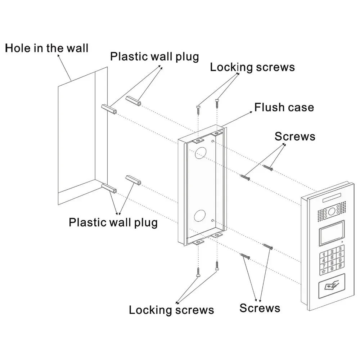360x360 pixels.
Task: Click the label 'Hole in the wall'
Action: click(x=46, y=48)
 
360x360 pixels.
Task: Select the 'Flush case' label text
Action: click(x=284, y=107)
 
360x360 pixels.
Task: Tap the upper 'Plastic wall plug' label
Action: click(x=154, y=57)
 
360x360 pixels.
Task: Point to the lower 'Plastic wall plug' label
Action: click(x=113, y=222)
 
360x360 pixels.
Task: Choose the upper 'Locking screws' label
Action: click(x=252, y=67)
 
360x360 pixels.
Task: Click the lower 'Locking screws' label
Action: click(x=171, y=310)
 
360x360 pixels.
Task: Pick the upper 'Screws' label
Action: click(x=295, y=136)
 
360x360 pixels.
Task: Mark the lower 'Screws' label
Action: click(x=260, y=308)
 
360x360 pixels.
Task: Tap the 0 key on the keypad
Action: click(x=332, y=269)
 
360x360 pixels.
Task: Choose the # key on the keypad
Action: click(x=340, y=265)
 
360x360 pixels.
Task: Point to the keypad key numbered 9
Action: click(x=340, y=260)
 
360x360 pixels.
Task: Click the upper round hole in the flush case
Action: click(x=201, y=153)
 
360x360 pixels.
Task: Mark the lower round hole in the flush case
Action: click(x=200, y=216)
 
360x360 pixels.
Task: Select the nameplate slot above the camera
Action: click(x=331, y=198)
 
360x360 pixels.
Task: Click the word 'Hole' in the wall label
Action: click(x=18, y=48)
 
